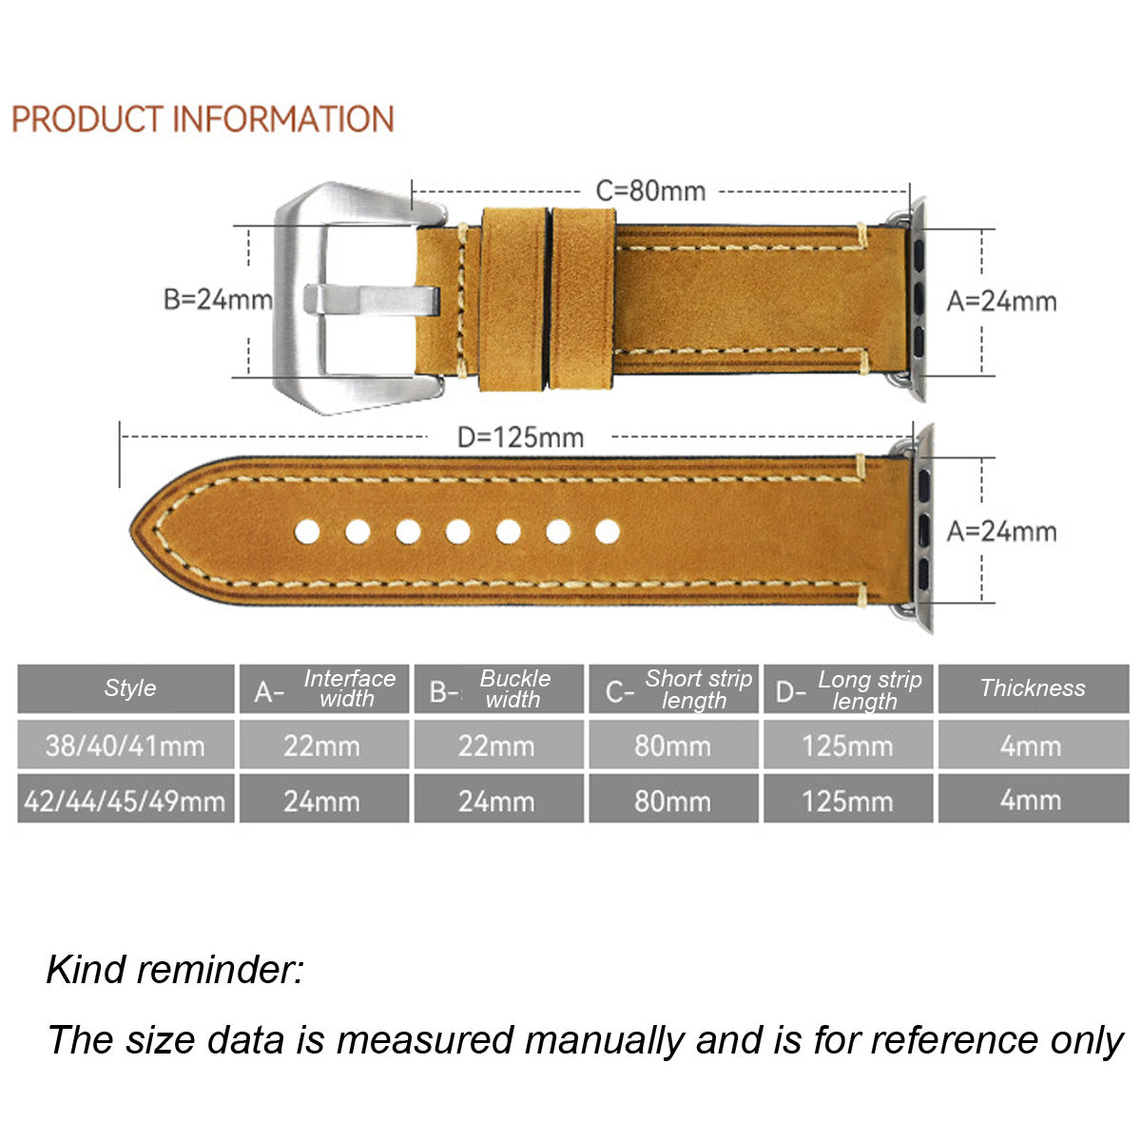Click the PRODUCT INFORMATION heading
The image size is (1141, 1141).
pyautogui.click(x=203, y=120)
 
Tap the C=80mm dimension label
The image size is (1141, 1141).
pyautogui.click(x=650, y=190)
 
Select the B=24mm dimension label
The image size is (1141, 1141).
pyautogui.click(x=218, y=300)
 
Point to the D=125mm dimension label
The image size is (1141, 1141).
pyautogui.click(x=520, y=437)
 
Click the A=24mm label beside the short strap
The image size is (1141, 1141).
pyautogui.click(x=1001, y=301)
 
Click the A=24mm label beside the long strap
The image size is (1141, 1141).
pyautogui.click(x=1001, y=531)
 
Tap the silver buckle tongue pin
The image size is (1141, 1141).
pyautogui.click(x=371, y=300)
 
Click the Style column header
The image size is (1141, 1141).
pyautogui.click(x=129, y=688)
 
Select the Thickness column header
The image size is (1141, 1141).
pyautogui.click(x=1033, y=688)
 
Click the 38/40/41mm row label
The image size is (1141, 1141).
pyautogui.click(x=126, y=745)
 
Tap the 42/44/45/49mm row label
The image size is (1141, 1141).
pyautogui.click(x=126, y=801)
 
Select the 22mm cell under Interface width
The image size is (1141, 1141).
pyautogui.click(x=322, y=745)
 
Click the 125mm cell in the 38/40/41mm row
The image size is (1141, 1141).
pyautogui.click(x=847, y=745)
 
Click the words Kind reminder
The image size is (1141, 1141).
pyautogui.click(x=175, y=970)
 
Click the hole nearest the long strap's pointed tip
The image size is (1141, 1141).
pyautogui.click(x=307, y=532)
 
